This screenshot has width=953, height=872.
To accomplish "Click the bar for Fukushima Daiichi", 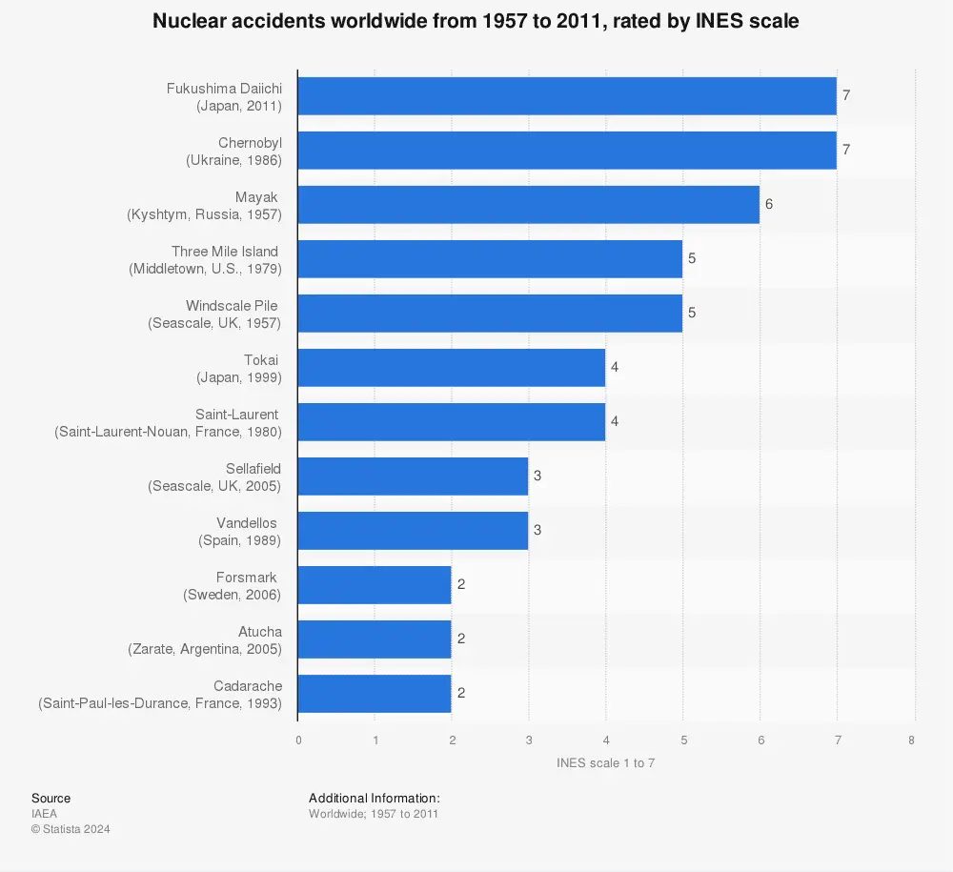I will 567,96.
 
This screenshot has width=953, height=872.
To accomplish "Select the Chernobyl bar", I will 567,151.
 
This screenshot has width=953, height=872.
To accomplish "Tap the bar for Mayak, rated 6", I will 529,205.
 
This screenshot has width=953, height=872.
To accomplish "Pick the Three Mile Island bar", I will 490,259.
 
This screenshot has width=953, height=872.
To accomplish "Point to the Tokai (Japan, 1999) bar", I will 452,368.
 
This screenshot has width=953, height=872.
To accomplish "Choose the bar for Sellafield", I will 413,477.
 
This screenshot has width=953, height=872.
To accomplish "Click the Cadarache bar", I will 375,694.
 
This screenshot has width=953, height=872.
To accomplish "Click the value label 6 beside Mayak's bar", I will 769,205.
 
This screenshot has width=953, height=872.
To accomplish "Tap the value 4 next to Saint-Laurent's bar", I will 615,421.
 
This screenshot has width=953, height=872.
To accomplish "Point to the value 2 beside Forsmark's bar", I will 460,584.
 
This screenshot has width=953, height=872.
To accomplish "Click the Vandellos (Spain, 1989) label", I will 240,531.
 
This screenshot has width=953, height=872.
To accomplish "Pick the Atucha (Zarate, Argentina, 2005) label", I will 205,639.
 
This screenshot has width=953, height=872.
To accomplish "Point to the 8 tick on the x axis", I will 912,740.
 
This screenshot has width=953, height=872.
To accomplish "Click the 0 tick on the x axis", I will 298,740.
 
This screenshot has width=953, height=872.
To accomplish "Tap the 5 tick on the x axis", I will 682,740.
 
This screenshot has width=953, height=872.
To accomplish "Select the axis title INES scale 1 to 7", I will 605,763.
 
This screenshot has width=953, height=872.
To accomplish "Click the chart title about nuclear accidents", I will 476,21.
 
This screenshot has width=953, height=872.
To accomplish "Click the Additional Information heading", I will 375,798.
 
